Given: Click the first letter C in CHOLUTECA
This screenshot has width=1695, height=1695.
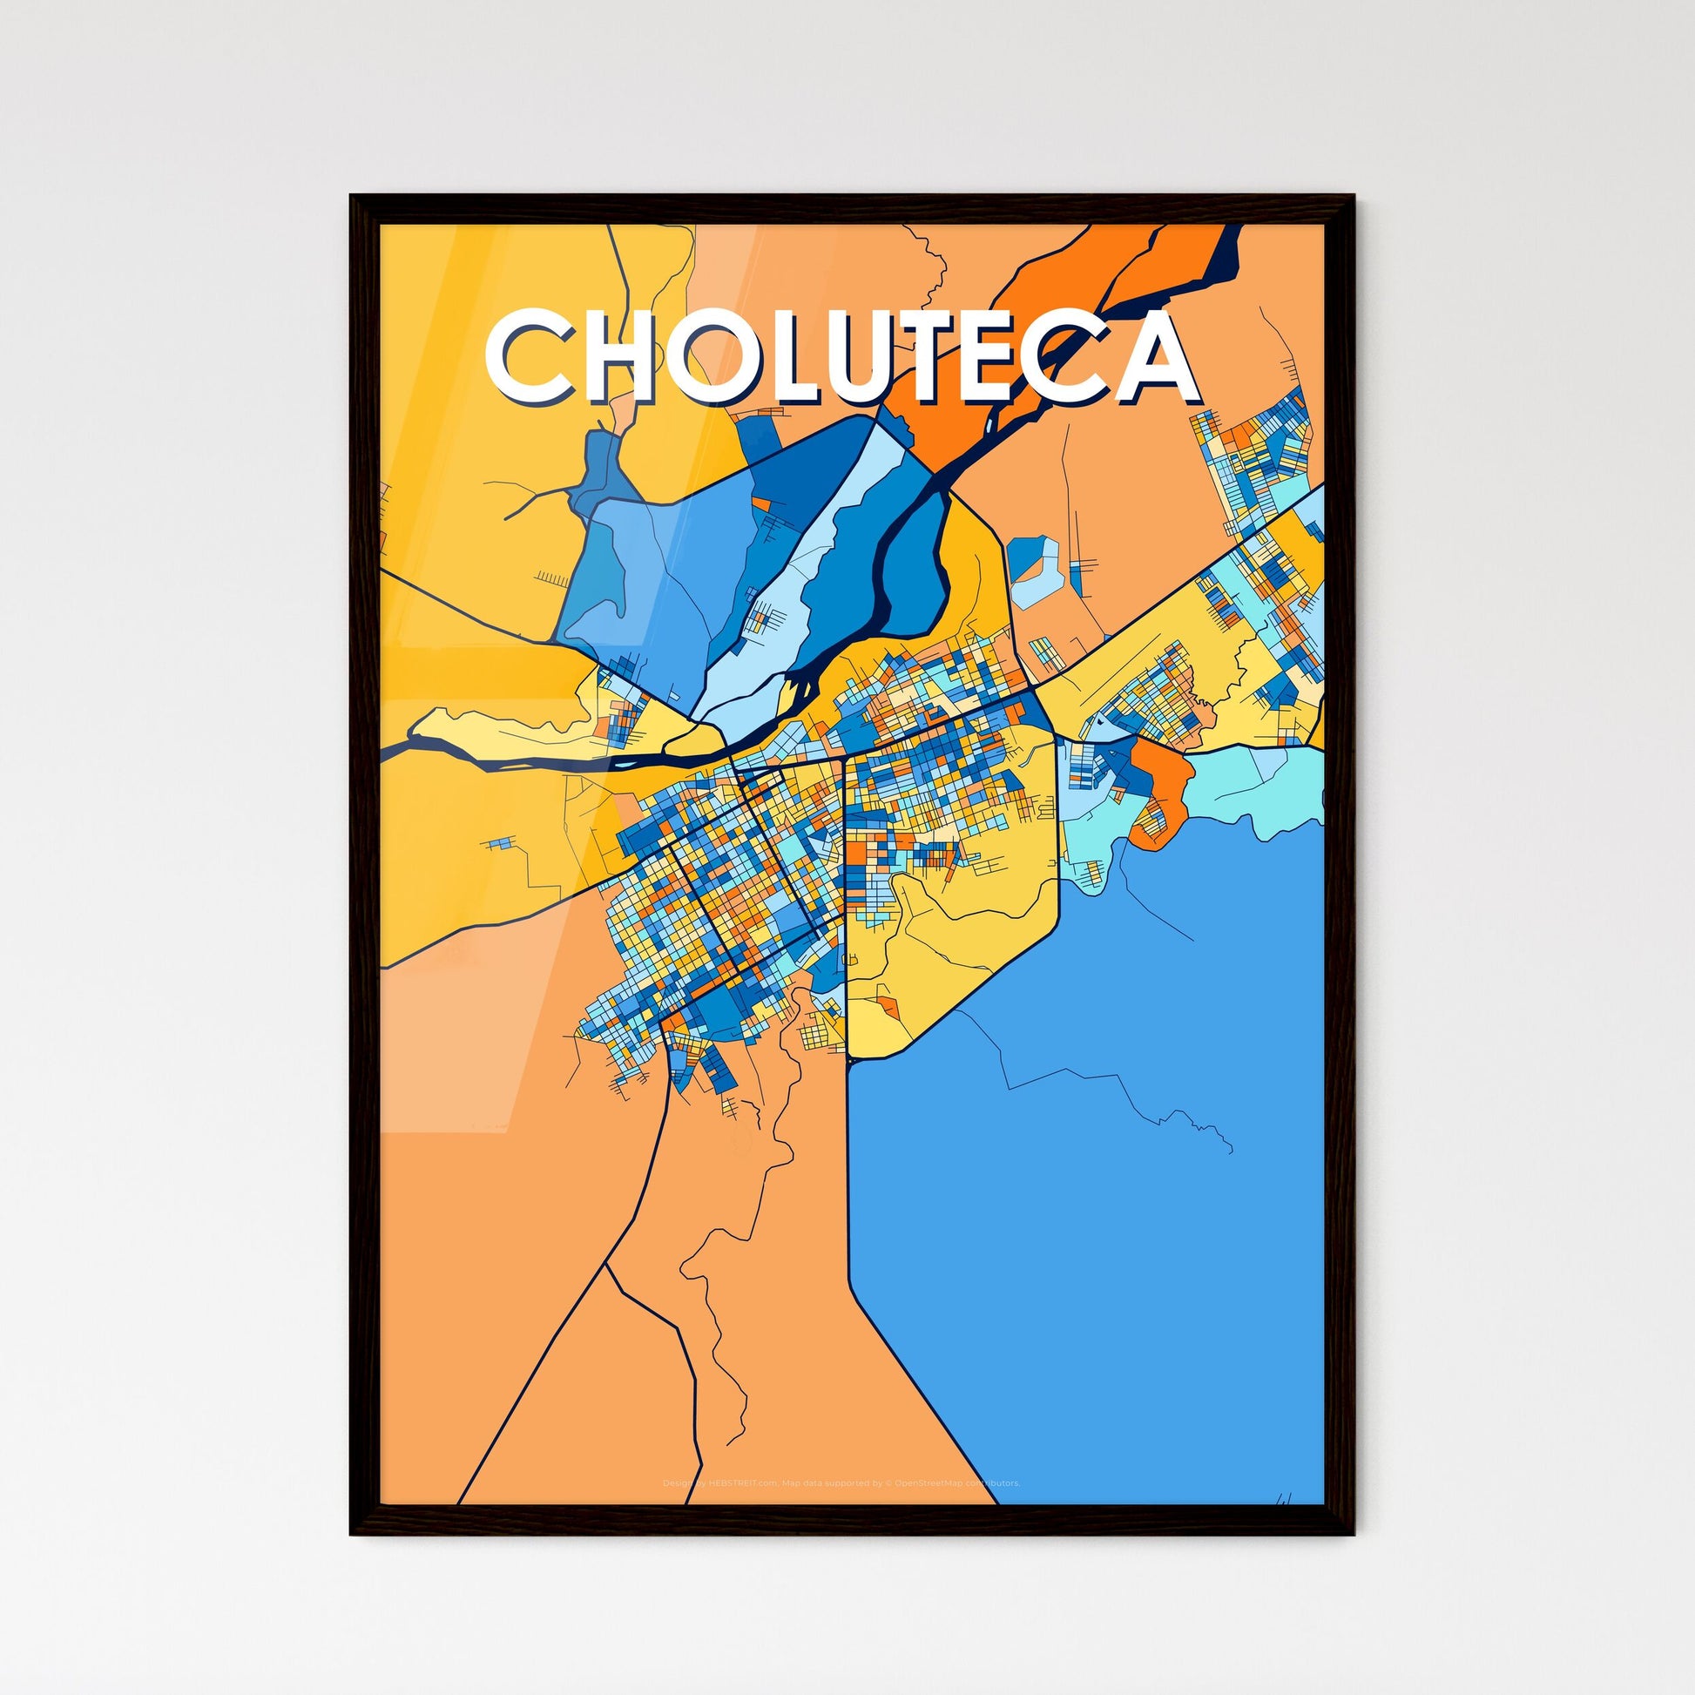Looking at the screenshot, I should [528, 355].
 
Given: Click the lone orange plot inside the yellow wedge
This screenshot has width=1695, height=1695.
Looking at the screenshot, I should [888, 1007].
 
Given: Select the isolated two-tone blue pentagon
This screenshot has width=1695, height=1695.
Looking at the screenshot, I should [1036, 571].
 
